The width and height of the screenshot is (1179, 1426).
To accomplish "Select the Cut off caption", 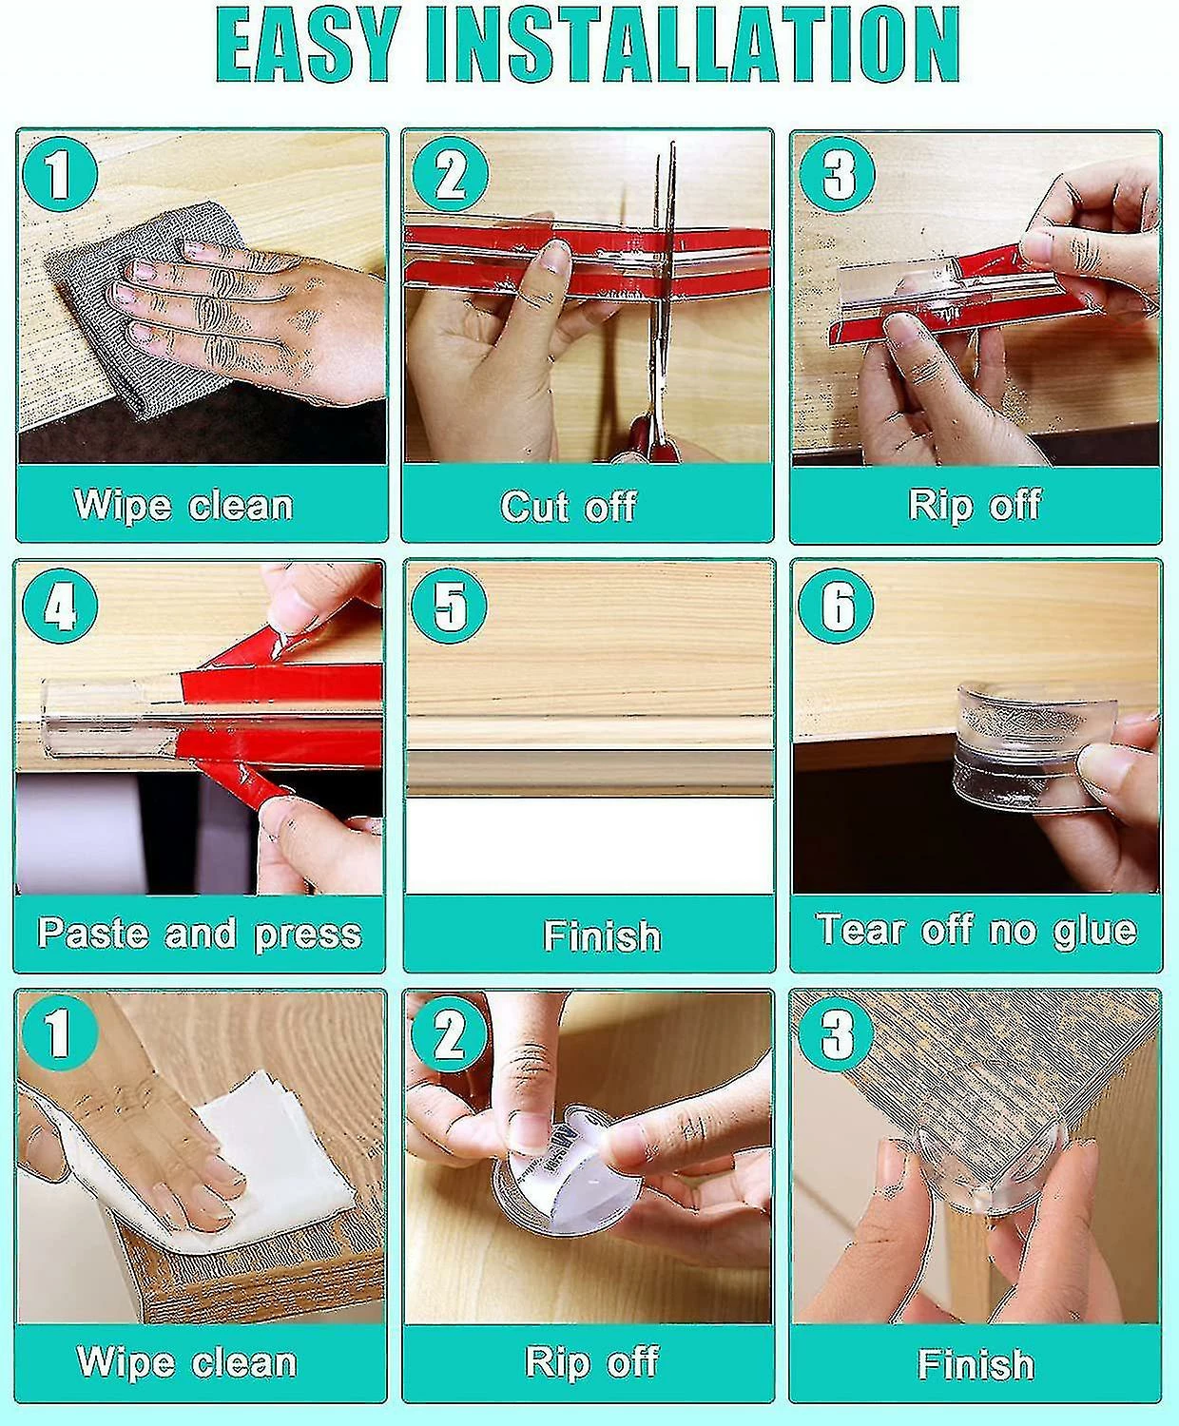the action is pos(569,507).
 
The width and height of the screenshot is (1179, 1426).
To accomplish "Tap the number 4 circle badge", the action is pos(60,607).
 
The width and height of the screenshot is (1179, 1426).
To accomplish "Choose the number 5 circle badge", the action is pos(449,607).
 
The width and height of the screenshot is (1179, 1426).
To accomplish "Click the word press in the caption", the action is pos(308,935).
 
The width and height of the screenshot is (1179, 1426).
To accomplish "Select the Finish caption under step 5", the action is pos(602,935).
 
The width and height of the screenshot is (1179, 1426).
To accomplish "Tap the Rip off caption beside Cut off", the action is pos(975,506).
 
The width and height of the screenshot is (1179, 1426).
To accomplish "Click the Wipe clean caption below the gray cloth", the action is pos(184,506).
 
